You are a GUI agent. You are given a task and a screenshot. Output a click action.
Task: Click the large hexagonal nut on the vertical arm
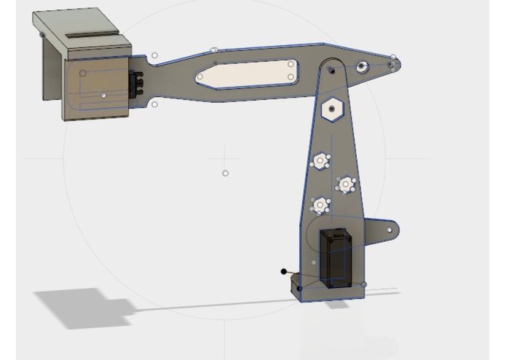pos(332,109)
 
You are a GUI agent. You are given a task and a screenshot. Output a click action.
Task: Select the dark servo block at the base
pos(336,257)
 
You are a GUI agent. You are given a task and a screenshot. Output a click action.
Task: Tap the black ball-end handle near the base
pos(284,272)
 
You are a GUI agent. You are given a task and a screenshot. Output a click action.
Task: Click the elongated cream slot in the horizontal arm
pos(246,74)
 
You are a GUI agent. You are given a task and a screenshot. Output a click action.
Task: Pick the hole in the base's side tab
pos(389,230)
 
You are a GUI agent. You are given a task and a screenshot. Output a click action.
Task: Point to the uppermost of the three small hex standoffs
pos(320,161)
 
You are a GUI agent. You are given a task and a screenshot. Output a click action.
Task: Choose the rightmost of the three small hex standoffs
pos(346,185)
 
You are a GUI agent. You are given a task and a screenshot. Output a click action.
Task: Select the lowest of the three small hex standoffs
pos(320,206)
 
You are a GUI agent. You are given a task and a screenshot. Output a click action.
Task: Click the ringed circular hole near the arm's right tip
pos(362,68)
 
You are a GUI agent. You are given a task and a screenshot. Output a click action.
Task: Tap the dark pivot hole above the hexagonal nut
pos(331,70)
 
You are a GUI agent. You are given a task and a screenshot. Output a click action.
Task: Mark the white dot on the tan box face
pos(104,95)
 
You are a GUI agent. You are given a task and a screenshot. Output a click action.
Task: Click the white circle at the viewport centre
pos(225,173)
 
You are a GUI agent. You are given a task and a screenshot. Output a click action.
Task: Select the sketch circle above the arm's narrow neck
pos(154,55)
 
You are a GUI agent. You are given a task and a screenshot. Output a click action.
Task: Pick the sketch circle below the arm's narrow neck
pos(154,105)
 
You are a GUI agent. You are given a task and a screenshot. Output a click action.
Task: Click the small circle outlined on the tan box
pos(83,73)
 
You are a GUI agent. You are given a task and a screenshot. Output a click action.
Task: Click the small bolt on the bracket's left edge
pos(42,35)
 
